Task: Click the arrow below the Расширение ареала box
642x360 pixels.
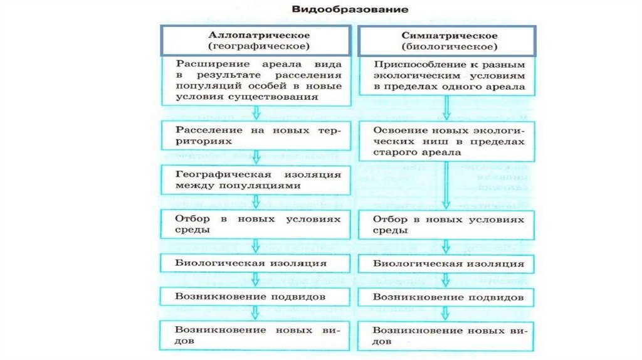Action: (x=256, y=113)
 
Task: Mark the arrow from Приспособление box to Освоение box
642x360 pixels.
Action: (x=446, y=107)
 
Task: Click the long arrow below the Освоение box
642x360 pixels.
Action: (x=446, y=186)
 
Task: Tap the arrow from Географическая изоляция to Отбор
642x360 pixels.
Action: (x=256, y=202)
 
